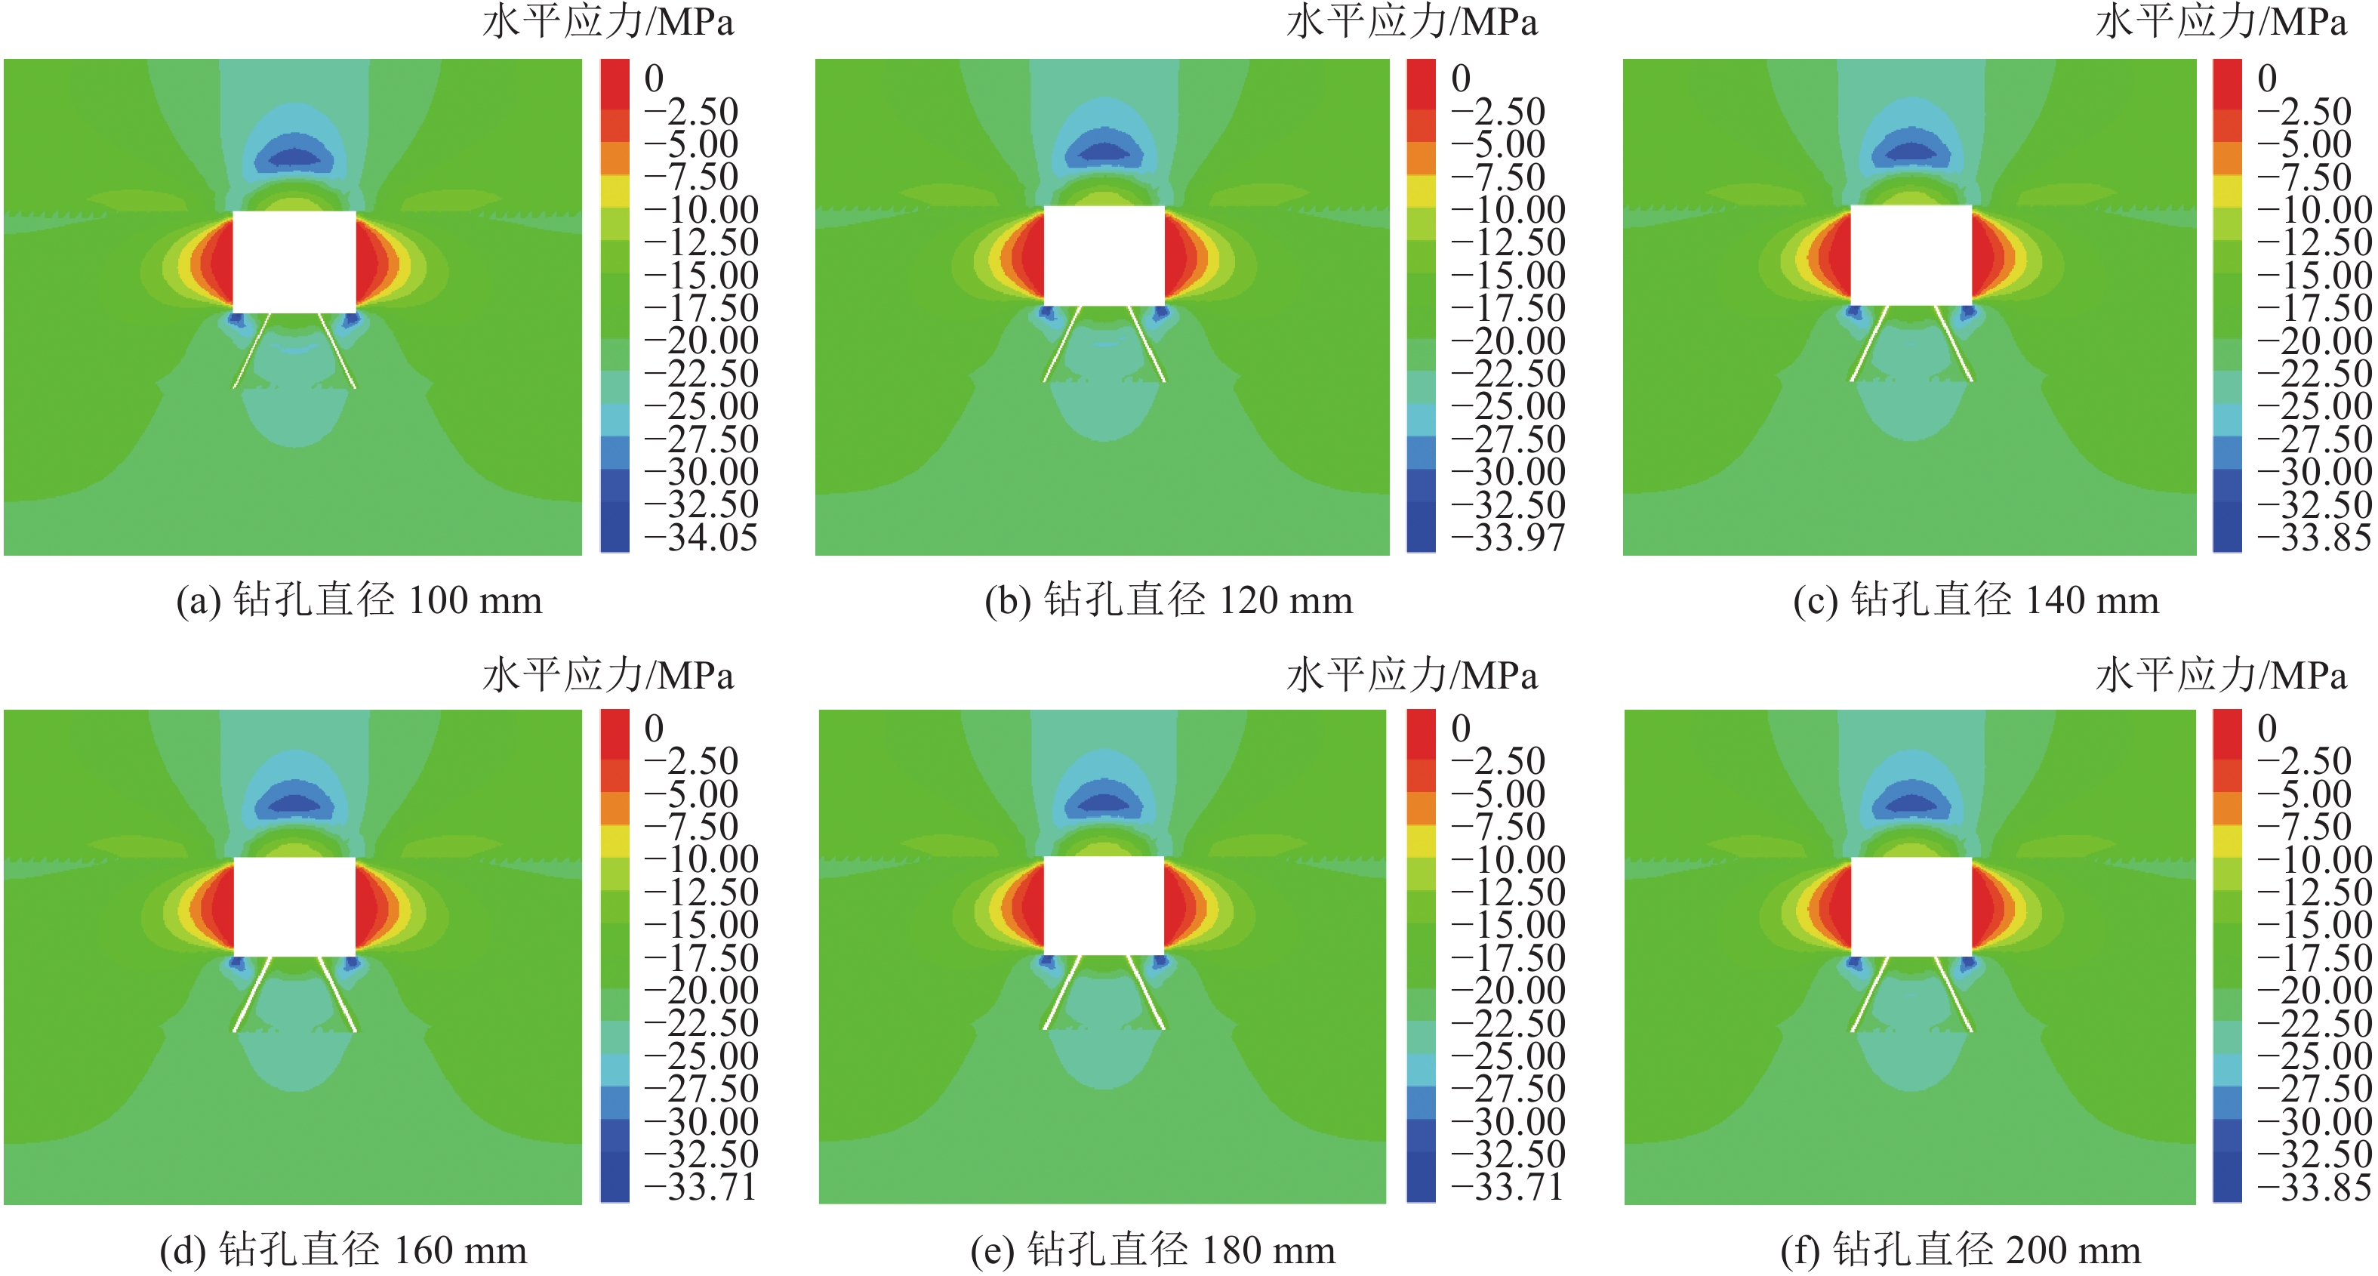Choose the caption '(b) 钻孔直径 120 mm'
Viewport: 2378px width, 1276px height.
click(x=1168, y=601)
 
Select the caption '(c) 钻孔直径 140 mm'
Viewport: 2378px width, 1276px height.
click(x=1976, y=601)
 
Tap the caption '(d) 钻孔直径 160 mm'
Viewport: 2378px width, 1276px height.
click(x=343, y=1251)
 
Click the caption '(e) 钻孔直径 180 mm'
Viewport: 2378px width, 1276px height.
click(x=1152, y=1251)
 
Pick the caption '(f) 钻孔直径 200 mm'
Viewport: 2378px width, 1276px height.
click(x=1960, y=1251)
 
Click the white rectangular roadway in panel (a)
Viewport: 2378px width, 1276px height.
click(x=294, y=262)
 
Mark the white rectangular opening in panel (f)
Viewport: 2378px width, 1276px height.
click(x=1911, y=907)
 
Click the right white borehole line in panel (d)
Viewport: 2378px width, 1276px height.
click(x=337, y=994)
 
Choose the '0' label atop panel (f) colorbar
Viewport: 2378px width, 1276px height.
click(x=2267, y=729)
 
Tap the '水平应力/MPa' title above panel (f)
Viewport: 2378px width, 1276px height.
click(x=2220, y=676)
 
